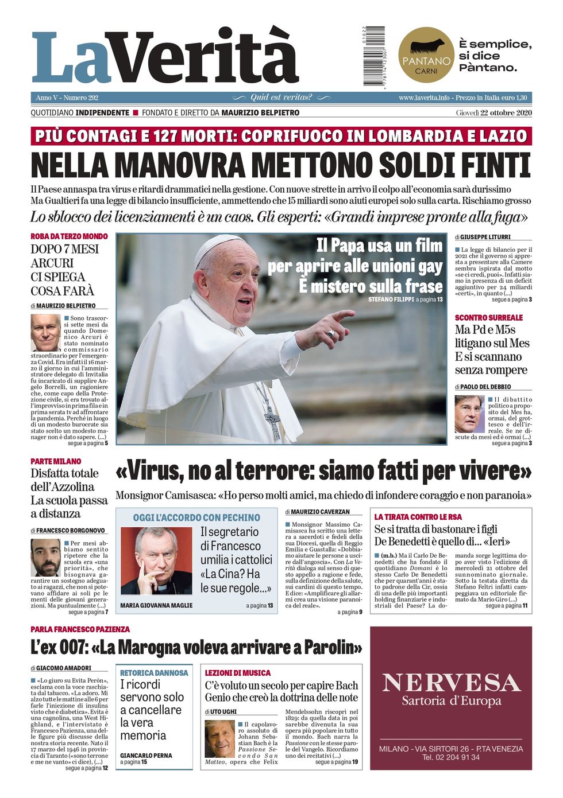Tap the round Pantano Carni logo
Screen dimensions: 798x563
point(426,55)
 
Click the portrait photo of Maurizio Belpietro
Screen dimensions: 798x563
point(45,333)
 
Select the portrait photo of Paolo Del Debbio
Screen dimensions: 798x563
point(469,413)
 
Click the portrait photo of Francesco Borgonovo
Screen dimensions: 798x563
point(45,557)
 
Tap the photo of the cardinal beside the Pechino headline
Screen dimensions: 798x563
point(156,560)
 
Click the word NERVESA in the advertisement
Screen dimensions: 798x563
point(451,682)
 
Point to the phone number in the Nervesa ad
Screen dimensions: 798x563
point(451,757)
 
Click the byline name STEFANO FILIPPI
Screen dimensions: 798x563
point(390,299)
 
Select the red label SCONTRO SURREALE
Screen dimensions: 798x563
point(489,317)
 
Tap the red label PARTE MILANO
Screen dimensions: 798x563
point(56,461)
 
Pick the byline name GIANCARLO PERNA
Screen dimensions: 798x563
point(146,756)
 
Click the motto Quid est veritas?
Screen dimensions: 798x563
point(281,98)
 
